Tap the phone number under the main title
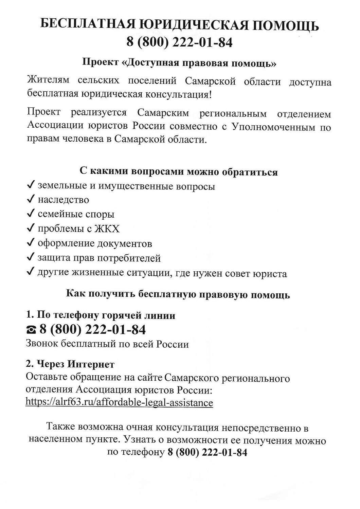(180, 42)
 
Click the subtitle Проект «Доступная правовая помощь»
(180, 63)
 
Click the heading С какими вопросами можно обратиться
(179, 171)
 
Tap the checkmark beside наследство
(31, 199)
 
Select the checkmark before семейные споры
(31, 214)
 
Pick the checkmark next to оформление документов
(31, 243)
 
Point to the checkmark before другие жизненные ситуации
(31, 272)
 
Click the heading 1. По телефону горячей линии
(101, 315)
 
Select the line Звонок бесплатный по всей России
(107, 344)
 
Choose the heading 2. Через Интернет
(70, 364)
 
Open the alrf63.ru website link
(119, 403)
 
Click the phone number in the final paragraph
(207, 452)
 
